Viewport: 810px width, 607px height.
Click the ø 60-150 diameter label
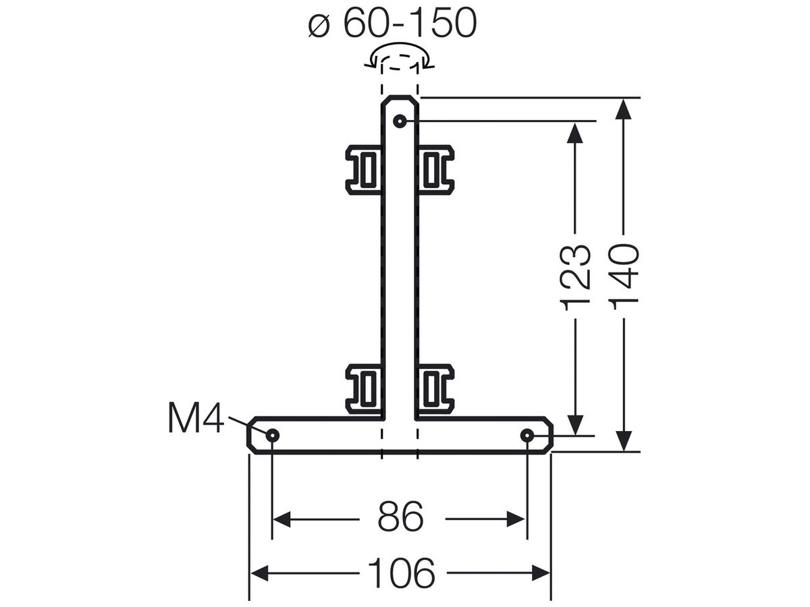tap(392, 23)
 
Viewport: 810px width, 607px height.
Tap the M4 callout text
tap(196, 418)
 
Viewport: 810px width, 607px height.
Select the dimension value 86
tap(401, 517)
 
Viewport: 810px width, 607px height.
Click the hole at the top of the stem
tap(400, 121)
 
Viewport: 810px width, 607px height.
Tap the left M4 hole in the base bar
tap(272, 436)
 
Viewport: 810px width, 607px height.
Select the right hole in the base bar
tap(527, 436)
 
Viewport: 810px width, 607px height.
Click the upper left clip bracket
tap(364, 170)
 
